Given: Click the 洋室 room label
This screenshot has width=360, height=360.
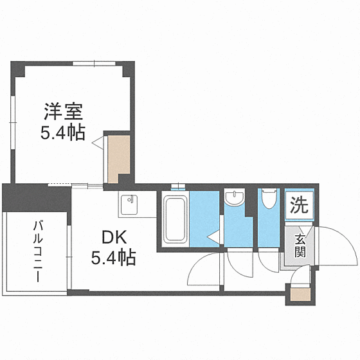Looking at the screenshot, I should click(62, 113).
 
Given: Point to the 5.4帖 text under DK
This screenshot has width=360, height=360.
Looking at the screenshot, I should click(113, 258).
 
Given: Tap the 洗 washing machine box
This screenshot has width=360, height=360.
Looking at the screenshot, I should click(299, 206).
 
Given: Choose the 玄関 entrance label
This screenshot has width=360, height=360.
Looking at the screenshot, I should click(300, 245).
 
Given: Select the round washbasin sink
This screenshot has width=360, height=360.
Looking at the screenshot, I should click(235, 197).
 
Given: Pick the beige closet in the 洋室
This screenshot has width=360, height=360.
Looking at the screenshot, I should click(118, 158).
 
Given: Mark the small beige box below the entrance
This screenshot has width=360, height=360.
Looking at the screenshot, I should click(298, 295).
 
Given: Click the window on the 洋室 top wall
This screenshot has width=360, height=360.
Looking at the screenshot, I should click(94, 62).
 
